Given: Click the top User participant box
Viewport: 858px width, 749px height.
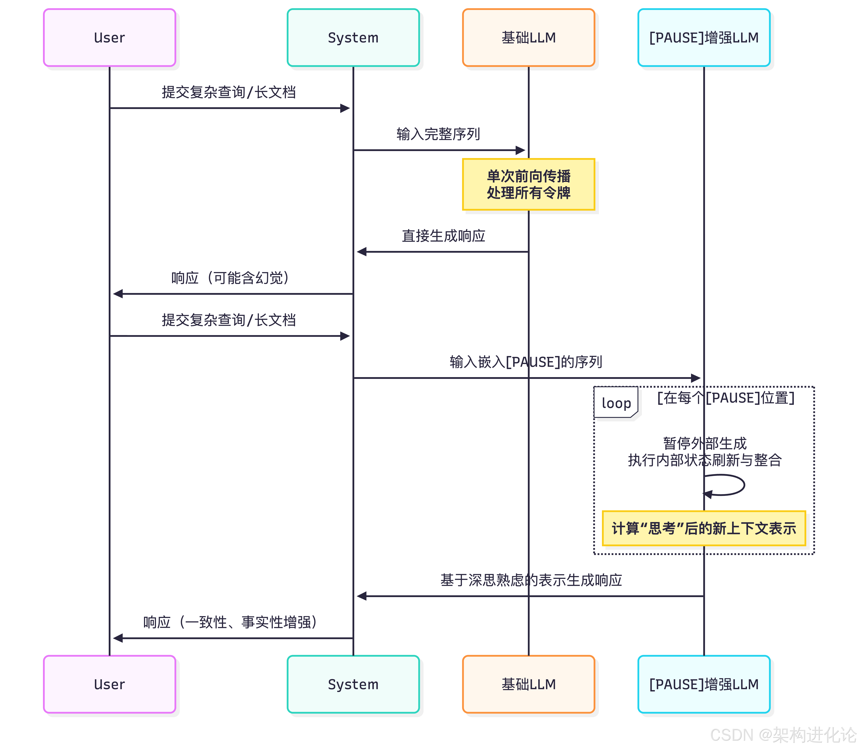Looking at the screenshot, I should [109, 38].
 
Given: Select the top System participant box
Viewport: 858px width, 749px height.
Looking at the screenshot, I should [353, 38].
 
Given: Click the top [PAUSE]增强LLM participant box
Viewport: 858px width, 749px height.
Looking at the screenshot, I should [704, 38].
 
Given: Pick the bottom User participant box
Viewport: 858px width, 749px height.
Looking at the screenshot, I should [109, 684].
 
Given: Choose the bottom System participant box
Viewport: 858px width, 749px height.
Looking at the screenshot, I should [353, 684].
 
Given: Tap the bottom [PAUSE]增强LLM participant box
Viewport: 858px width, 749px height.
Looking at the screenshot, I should [704, 684].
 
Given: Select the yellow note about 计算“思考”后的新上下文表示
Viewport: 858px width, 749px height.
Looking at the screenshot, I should [704, 528].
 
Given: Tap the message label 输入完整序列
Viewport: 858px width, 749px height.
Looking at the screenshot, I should [438, 134].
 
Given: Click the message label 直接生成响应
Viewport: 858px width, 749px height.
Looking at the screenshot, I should [443, 236].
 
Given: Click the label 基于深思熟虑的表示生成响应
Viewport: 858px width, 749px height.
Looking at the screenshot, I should [531, 580].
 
